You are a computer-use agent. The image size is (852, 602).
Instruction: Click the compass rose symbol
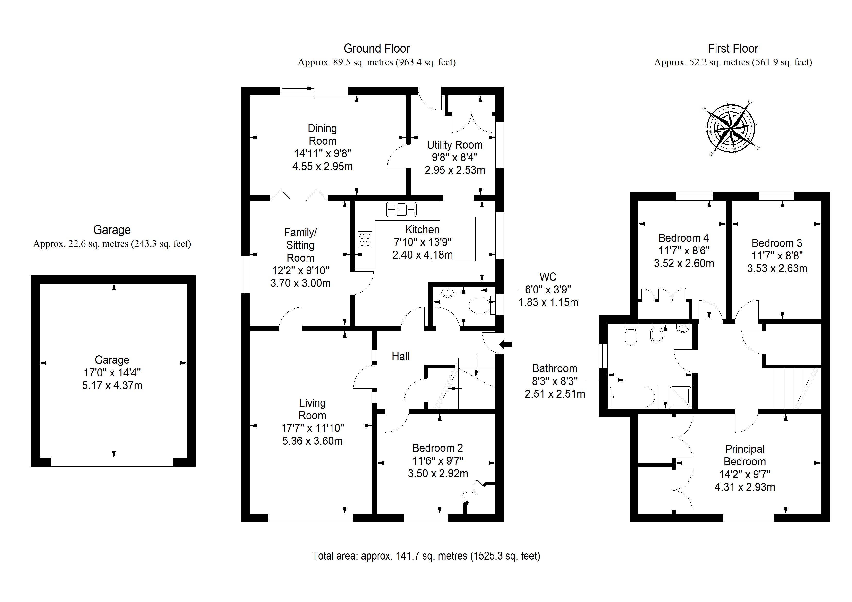pyautogui.click(x=731, y=128)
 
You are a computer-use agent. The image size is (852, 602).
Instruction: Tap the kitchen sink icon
pyautogui.click(x=401, y=209)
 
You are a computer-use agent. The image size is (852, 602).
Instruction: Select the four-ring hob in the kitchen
pyautogui.click(x=365, y=240)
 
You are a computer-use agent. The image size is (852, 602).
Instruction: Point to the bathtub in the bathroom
pyautogui.click(x=632, y=397)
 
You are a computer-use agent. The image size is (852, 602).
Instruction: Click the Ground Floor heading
pyautogui.click(x=377, y=49)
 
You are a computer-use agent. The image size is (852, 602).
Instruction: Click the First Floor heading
pyautogui.click(x=733, y=49)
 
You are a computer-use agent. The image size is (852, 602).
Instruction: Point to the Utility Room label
pyautogui.click(x=455, y=145)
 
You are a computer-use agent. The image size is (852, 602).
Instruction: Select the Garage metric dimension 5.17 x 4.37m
pyautogui.click(x=112, y=385)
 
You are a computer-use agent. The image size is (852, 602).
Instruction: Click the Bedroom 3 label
pyautogui.click(x=777, y=243)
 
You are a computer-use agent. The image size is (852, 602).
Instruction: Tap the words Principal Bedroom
pyautogui.click(x=745, y=455)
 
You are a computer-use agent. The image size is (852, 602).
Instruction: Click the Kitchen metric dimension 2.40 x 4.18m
pyautogui.click(x=423, y=255)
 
